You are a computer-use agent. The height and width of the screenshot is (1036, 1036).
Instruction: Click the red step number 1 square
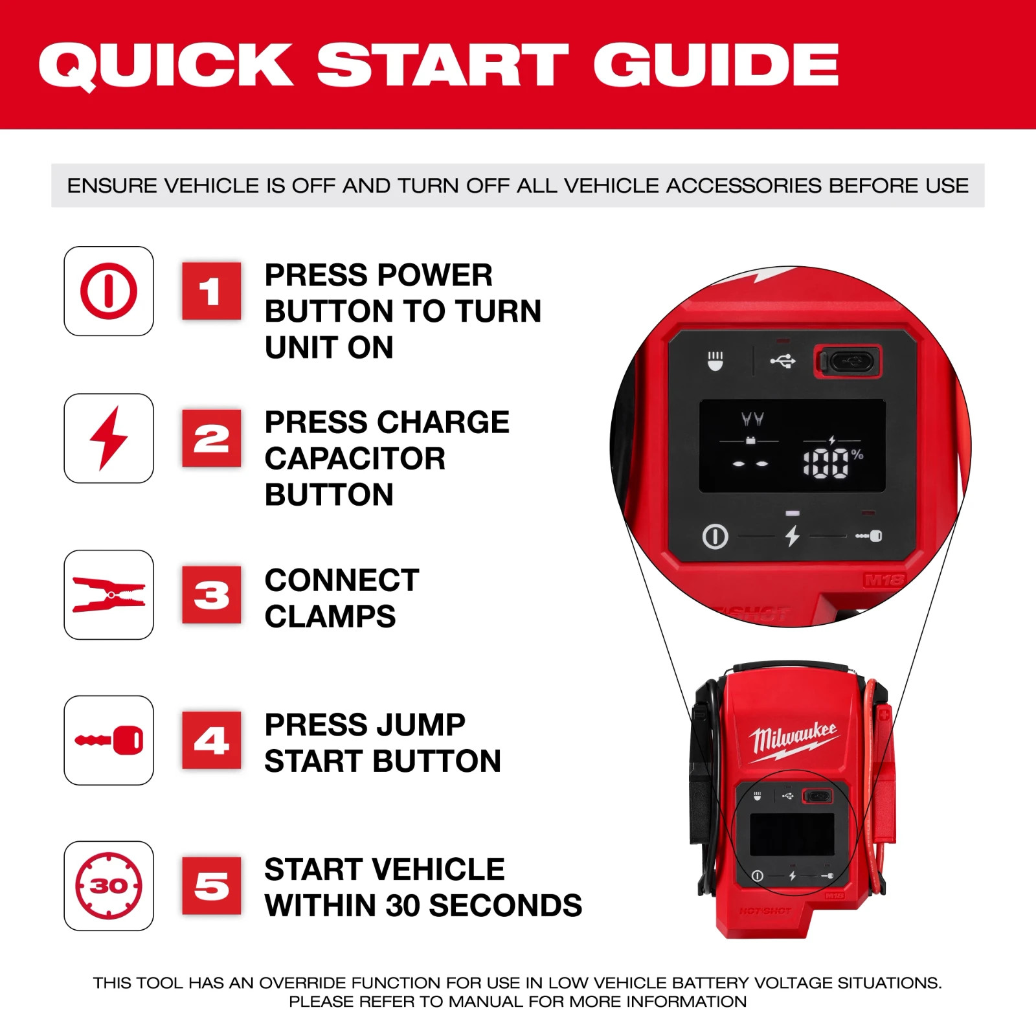point(211,291)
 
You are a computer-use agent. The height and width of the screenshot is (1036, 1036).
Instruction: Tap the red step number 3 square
point(211,594)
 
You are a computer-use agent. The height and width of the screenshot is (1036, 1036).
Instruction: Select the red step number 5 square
point(211,886)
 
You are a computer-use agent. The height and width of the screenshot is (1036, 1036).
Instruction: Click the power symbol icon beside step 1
point(109,291)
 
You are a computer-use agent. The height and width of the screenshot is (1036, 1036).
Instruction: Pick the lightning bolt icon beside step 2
point(109,438)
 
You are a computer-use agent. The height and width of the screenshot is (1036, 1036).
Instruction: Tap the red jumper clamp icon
point(109,594)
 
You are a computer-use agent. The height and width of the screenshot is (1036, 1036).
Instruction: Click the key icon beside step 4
point(109,740)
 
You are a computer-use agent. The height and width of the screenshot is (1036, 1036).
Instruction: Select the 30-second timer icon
point(109,886)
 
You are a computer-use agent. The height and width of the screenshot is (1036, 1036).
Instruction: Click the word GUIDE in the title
point(715,65)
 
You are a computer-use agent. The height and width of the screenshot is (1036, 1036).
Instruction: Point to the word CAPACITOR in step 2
point(355,458)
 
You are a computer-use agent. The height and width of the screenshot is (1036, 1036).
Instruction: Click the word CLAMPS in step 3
point(330,616)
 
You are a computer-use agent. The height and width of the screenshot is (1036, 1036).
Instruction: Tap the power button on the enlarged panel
point(715,537)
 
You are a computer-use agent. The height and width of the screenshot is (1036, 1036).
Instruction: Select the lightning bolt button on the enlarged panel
point(793,536)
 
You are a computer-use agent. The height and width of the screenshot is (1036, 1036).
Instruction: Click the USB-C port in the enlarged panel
point(848,361)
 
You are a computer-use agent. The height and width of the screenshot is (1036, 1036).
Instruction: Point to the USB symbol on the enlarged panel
point(783,361)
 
